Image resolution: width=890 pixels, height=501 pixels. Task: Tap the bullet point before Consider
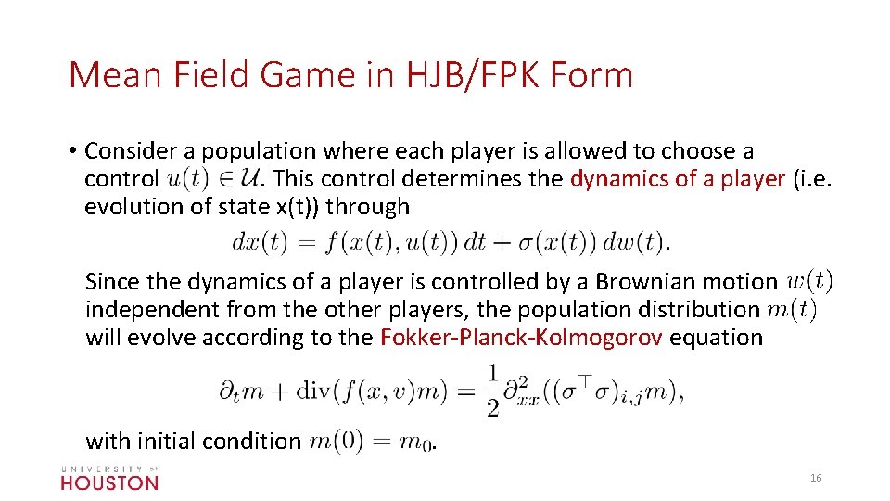click(71, 150)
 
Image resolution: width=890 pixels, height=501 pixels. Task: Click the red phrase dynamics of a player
click(678, 179)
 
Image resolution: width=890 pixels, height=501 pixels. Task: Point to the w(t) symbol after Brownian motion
click(809, 279)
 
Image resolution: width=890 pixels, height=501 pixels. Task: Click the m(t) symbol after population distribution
click(792, 308)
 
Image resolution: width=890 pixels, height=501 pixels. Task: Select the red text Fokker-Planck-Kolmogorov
click(521, 337)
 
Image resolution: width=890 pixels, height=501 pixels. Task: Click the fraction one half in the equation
click(491, 390)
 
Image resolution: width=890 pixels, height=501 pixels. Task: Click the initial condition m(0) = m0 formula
click(370, 441)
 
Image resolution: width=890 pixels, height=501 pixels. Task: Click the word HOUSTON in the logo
click(109, 482)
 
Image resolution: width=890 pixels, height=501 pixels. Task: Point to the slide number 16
click(816, 477)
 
